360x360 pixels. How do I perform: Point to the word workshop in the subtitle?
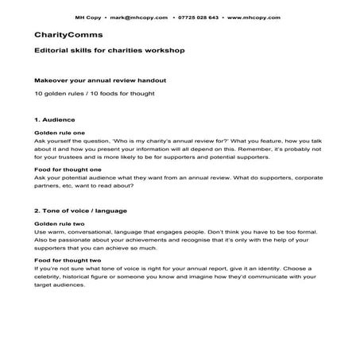[164, 51]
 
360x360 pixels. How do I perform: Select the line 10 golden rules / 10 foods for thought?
[83, 94]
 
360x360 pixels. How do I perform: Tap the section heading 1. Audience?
[54, 119]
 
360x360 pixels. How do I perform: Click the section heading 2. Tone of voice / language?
[81, 211]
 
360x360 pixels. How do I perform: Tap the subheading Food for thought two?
[68, 261]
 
